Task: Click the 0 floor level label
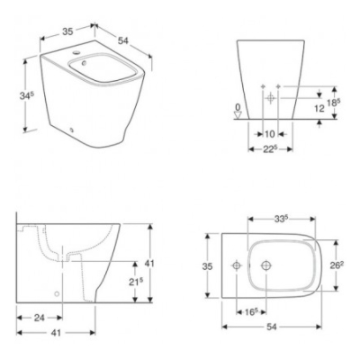pyautogui.click(x=237, y=108)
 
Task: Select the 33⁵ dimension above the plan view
pyautogui.click(x=281, y=217)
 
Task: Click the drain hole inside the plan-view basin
pyautogui.click(x=267, y=266)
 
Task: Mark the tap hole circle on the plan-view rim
pyautogui.click(x=236, y=266)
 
